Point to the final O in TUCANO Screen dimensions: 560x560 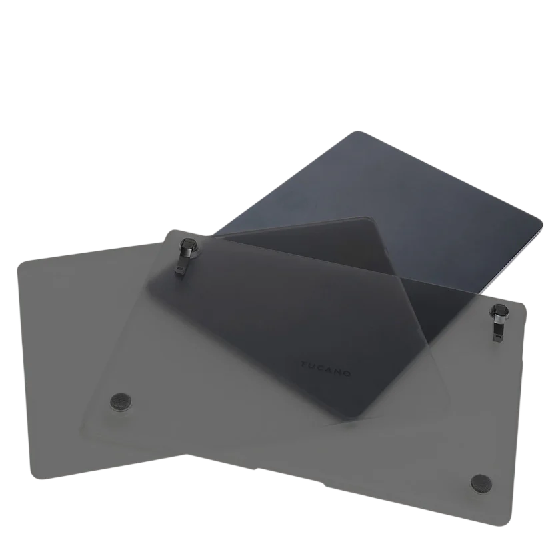pos(347,373)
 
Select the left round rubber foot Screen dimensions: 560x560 pos(121,401)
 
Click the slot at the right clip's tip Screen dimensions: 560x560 pos(498,337)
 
